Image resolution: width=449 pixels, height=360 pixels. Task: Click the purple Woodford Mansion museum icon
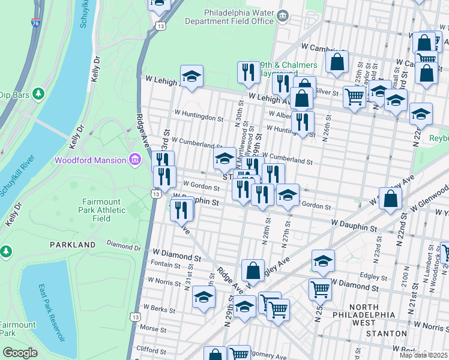(x=134, y=160)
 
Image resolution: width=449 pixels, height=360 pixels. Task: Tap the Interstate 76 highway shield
(x=37, y=23)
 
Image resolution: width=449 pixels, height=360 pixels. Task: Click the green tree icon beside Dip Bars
(x=39, y=94)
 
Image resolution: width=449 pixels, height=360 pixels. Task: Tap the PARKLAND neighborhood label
(x=73, y=245)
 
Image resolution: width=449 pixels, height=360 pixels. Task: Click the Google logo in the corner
(x=20, y=353)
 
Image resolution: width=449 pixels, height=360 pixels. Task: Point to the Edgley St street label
(x=373, y=277)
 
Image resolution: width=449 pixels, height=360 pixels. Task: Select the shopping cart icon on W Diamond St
(x=320, y=289)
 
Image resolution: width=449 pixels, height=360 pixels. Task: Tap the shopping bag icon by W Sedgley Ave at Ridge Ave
(x=253, y=270)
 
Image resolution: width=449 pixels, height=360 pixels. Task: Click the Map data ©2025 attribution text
(x=424, y=355)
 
